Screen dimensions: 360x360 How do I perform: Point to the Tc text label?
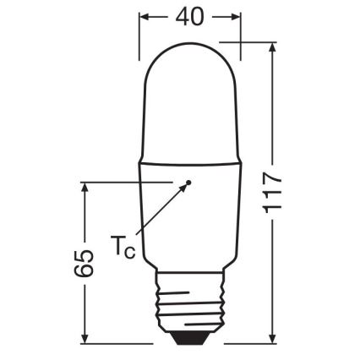tap(123, 247)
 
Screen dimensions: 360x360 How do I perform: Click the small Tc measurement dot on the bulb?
tap(189, 182)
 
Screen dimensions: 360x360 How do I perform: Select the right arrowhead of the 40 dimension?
tap(236, 16)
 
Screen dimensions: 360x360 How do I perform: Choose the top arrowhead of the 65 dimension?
tap(84, 188)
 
